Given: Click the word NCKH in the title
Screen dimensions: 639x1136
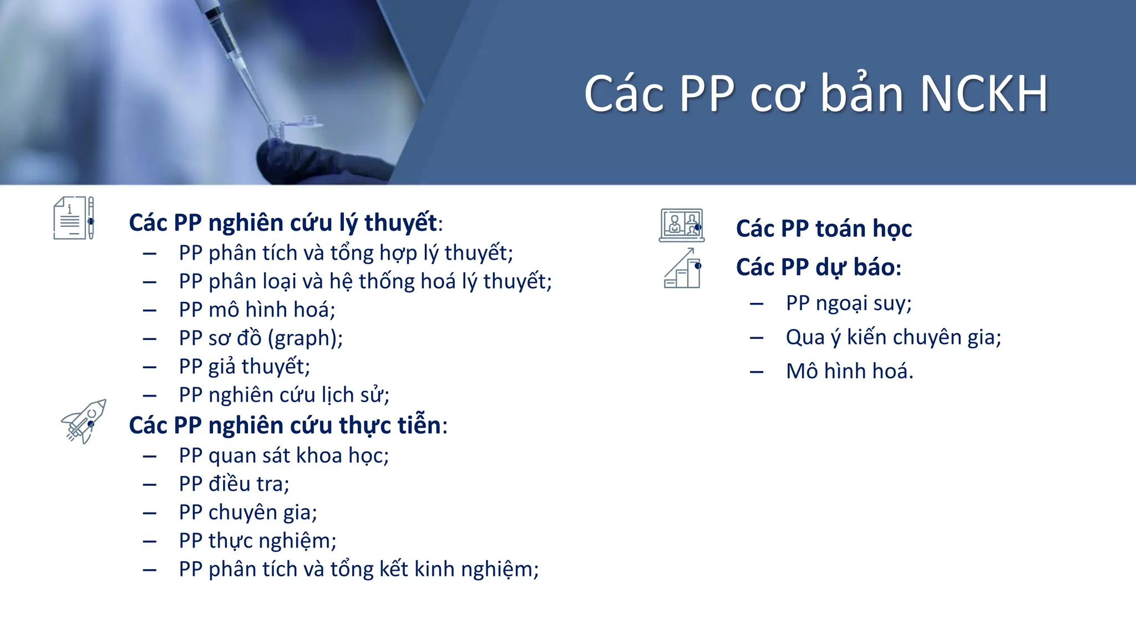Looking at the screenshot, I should [983, 94].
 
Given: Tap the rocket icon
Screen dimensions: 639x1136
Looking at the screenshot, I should [84, 421].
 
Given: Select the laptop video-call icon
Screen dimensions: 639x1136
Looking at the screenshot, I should [682, 225].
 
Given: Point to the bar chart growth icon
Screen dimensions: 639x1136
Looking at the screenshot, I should [682, 269].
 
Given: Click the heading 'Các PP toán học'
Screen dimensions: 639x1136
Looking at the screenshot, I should [824, 229].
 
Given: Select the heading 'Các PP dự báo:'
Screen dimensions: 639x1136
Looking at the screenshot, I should [818, 267].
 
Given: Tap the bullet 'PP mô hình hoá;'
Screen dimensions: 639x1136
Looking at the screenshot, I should [257, 310].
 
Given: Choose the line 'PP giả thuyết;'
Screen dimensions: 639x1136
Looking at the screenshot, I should [244, 367].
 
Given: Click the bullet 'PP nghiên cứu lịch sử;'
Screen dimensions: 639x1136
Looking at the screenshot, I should [284, 395].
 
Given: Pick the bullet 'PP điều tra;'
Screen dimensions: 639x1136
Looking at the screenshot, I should [234, 484].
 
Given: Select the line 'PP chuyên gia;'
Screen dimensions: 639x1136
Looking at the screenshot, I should [247, 513].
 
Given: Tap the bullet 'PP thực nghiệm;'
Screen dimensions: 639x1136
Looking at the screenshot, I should [257, 541].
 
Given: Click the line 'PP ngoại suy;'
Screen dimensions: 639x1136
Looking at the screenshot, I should [849, 303].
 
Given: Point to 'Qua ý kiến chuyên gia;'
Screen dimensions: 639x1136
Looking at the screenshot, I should [893, 337].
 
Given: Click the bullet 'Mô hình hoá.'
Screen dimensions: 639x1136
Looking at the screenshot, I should [849, 371].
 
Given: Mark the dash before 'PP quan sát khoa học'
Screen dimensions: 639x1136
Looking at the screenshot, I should [149, 457].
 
